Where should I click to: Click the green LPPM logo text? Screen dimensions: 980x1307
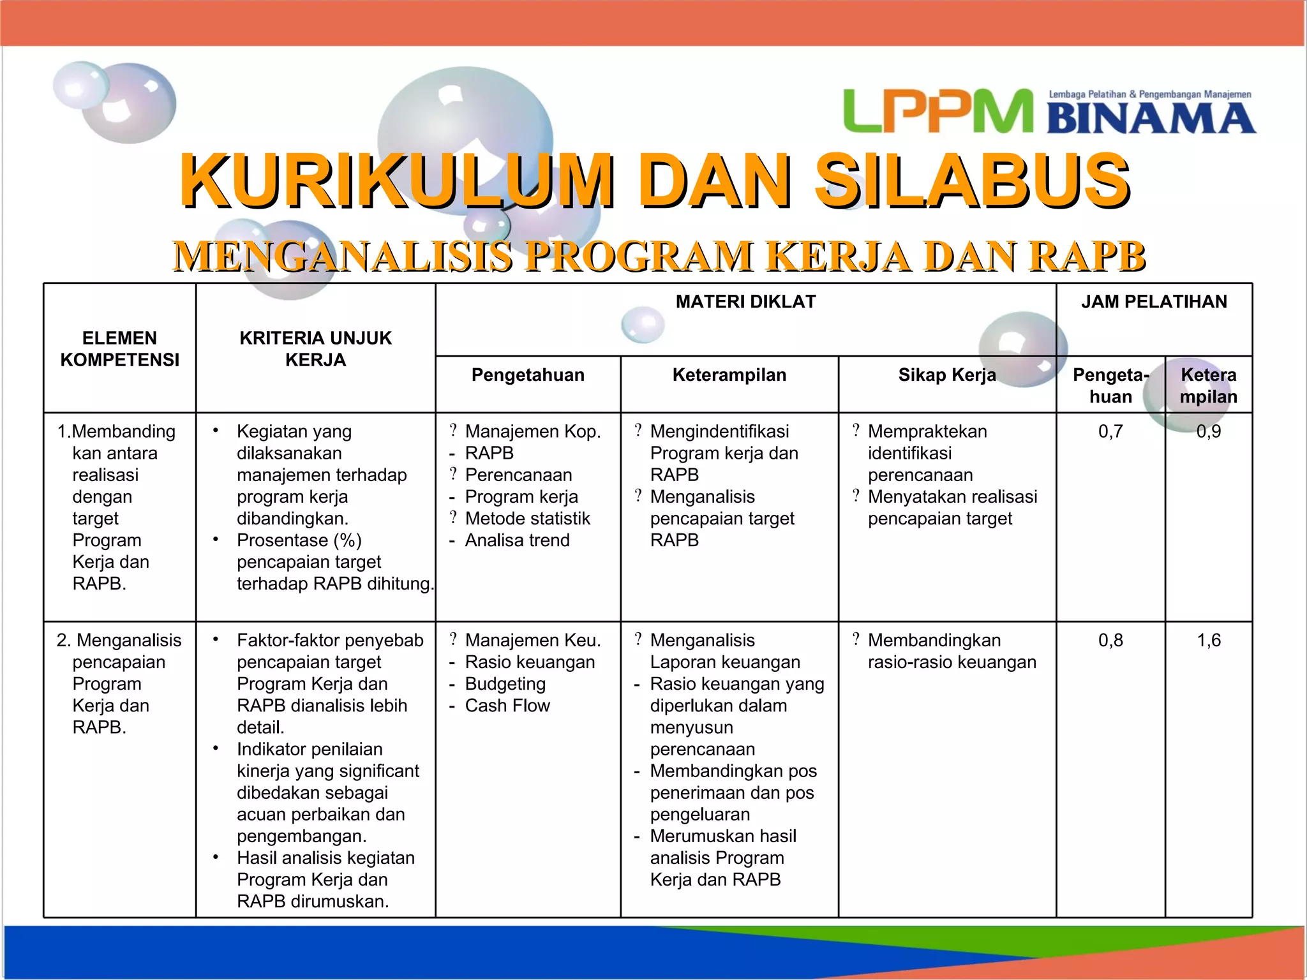[937, 112]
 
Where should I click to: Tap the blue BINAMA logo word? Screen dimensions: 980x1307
[1151, 119]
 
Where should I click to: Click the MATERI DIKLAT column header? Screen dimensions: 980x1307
[745, 302]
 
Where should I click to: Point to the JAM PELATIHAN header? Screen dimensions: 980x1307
[1154, 302]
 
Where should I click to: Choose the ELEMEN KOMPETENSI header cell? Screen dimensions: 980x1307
[119, 349]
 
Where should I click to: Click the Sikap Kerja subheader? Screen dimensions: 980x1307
[947, 375]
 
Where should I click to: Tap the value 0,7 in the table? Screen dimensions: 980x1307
[1110, 432]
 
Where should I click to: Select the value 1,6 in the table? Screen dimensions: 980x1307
[1208, 641]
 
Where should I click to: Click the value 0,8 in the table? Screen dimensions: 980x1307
[1110, 641]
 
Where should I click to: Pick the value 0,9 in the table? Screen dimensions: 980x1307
[1208, 432]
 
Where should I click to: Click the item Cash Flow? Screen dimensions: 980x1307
[507, 706]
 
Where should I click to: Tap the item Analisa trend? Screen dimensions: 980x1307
[517, 540]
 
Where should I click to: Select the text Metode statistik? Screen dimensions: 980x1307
[527, 519]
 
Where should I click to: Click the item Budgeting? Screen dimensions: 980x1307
[505, 684]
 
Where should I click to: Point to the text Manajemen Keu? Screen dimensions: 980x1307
[533, 641]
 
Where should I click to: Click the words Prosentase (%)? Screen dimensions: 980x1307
[299, 540]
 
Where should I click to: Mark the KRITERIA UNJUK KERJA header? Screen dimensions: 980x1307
[315, 349]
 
